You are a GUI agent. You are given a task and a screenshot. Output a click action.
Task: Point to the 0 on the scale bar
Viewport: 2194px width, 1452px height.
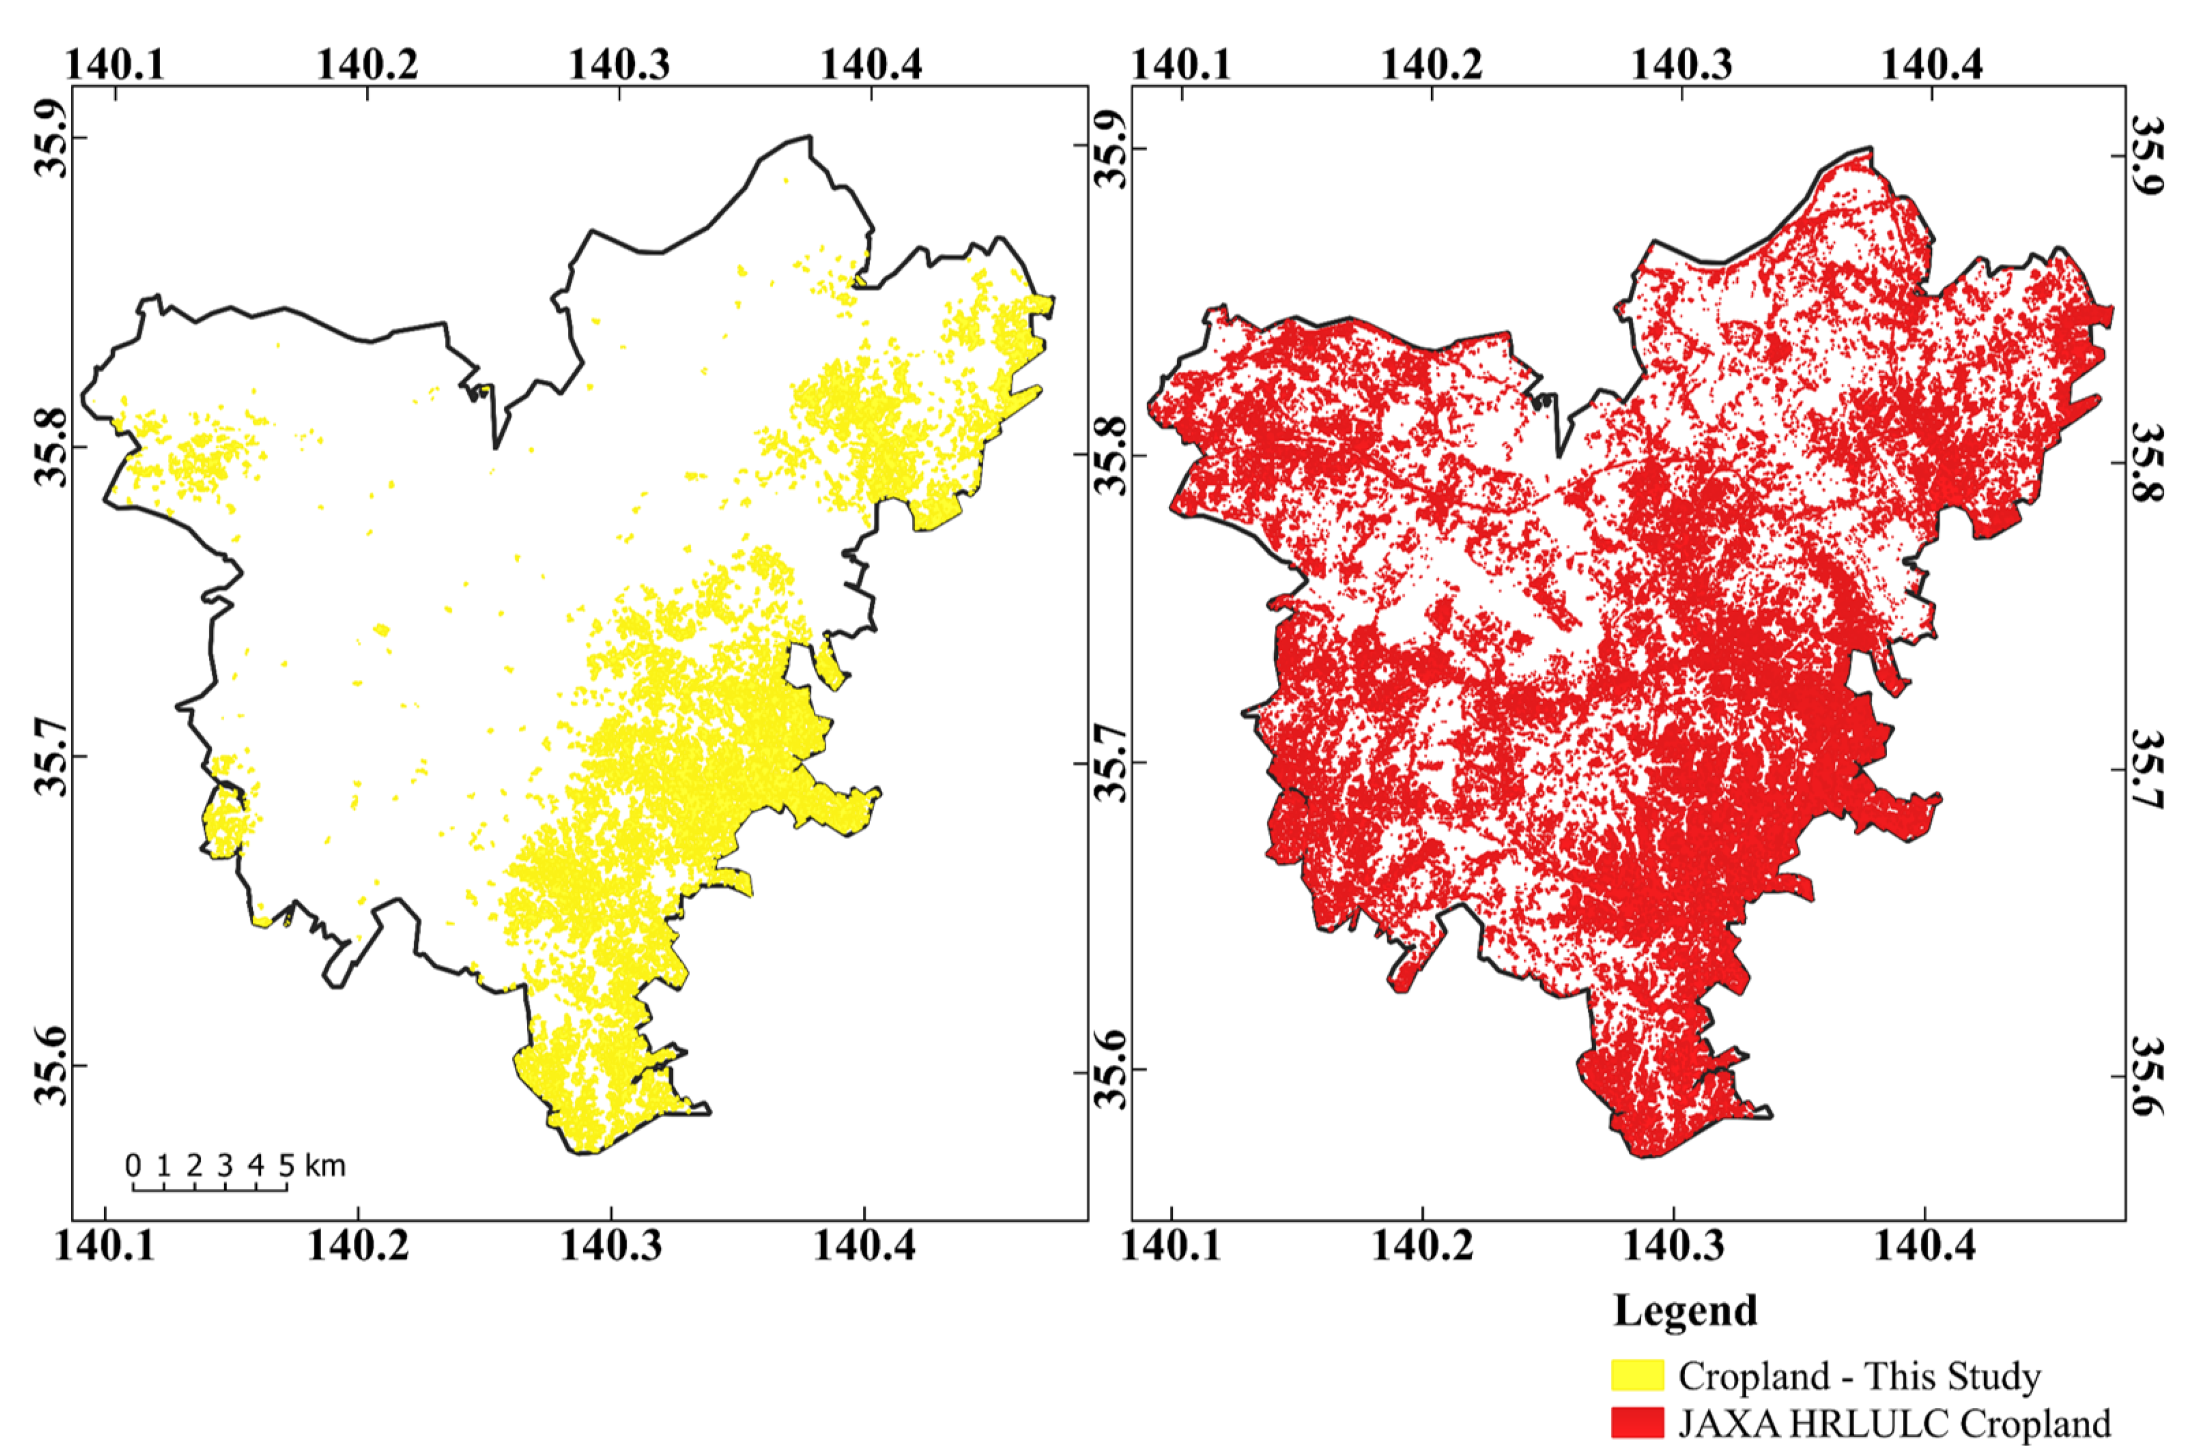[133, 1165]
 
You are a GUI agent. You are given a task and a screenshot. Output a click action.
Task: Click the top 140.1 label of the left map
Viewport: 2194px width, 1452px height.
[115, 64]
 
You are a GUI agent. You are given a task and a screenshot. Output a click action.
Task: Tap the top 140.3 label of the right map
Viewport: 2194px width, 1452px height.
[1680, 64]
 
